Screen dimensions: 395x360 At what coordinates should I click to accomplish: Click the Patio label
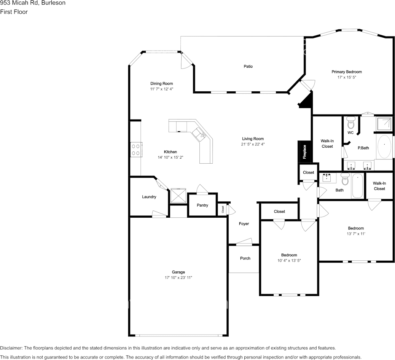click(248, 66)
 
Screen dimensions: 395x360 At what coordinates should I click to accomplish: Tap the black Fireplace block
click(305, 152)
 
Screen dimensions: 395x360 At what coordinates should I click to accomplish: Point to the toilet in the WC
click(350, 123)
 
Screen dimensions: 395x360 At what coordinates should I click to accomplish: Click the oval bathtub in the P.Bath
click(384, 147)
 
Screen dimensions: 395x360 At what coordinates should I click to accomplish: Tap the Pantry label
click(202, 205)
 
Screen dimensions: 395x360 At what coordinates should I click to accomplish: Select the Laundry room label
click(149, 197)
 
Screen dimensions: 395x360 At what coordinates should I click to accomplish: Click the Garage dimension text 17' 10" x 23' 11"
click(178, 278)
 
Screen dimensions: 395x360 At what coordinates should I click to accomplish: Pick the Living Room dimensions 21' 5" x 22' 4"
click(253, 144)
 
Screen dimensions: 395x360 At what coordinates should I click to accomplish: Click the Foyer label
click(244, 224)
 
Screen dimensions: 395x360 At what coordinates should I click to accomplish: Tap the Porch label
click(245, 258)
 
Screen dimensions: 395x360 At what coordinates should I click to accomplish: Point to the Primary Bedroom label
click(347, 72)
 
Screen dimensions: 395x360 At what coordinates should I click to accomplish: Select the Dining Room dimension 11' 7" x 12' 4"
click(161, 89)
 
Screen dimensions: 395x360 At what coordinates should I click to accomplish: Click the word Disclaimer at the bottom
click(11, 348)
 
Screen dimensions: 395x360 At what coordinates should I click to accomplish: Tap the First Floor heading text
click(14, 12)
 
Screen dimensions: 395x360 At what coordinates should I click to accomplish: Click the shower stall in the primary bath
click(384, 124)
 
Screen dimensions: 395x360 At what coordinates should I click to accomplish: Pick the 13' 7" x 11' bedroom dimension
click(356, 234)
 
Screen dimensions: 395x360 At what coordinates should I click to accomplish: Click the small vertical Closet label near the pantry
click(223, 209)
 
